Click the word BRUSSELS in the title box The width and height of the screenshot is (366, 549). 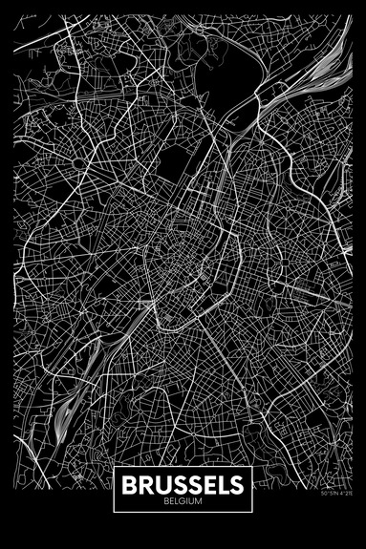click(x=183, y=486)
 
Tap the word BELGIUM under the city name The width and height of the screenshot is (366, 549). click(x=183, y=502)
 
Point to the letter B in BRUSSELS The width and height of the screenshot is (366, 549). click(x=131, y=486)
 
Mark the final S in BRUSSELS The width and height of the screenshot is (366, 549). click(x=234, y=486)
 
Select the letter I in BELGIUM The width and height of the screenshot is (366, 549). click(x=186, y=502)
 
